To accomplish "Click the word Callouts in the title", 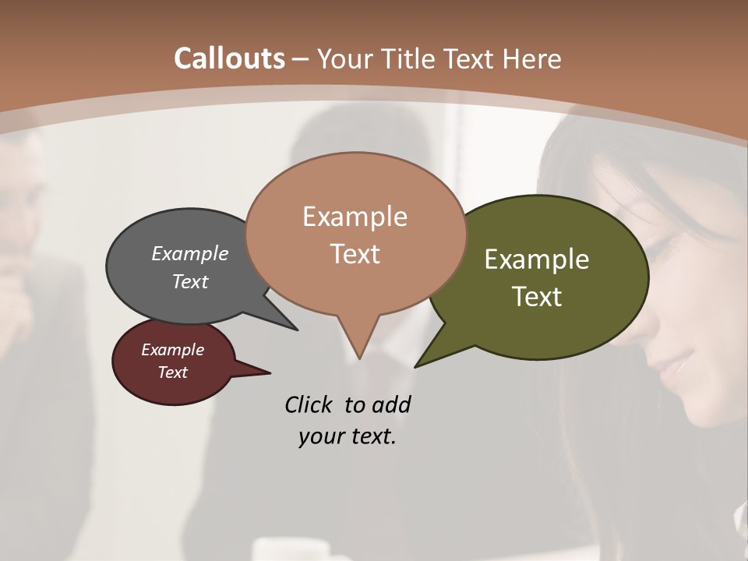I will coord(229,58).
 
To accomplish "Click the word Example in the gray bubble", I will coord(190,254).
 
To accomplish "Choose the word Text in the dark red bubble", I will coord(173,372).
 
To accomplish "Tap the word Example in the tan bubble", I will coord(355,217).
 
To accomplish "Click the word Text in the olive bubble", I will coord(538,297).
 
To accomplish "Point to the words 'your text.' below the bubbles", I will coord(348,436).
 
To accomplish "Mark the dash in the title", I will coord(302,58).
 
